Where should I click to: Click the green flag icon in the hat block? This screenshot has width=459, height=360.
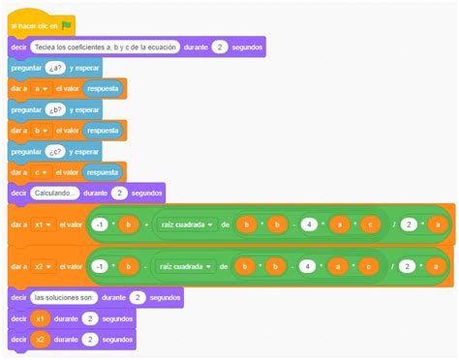coord(65,25)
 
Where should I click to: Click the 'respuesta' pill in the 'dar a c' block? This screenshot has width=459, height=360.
coord(102,172)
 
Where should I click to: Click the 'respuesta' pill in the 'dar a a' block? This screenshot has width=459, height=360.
coord(102,89)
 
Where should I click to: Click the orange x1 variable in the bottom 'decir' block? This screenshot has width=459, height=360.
coord(41,317)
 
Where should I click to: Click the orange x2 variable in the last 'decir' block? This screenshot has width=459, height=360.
coord(41,339)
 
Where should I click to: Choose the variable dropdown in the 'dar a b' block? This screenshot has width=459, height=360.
coord(40,131)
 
